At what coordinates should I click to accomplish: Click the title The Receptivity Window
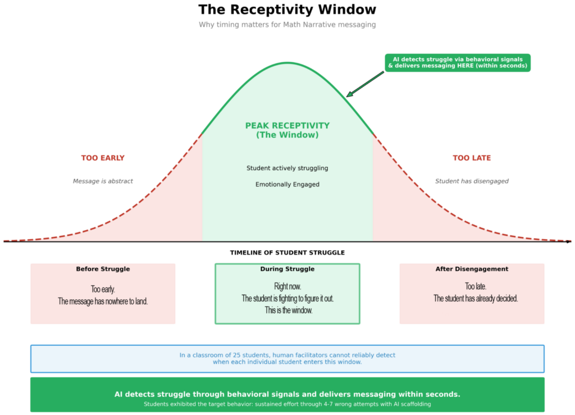point(287,10)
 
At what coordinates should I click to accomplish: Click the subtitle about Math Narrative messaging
point(287,25)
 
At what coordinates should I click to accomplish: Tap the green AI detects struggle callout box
point(458,62)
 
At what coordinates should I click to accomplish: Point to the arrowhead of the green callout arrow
point(348,96)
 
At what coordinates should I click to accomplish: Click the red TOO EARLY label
point(103,158)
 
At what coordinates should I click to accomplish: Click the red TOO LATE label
point(472,158)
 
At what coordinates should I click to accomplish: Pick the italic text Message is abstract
point(103,181)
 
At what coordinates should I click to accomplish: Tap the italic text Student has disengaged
point(472,181)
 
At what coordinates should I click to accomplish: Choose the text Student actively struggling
point(287,168)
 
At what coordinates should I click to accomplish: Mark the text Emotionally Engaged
point(287,184)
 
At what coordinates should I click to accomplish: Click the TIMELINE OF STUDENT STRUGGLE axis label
point(287,253)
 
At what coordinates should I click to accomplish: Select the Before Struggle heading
point(103,269)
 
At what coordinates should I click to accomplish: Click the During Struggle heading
point(287,269)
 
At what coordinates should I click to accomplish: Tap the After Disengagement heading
point(472,269)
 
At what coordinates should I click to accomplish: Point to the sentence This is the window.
point(288,310)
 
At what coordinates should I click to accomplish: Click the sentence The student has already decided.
point(475,298)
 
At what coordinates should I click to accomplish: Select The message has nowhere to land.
point(103,301)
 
